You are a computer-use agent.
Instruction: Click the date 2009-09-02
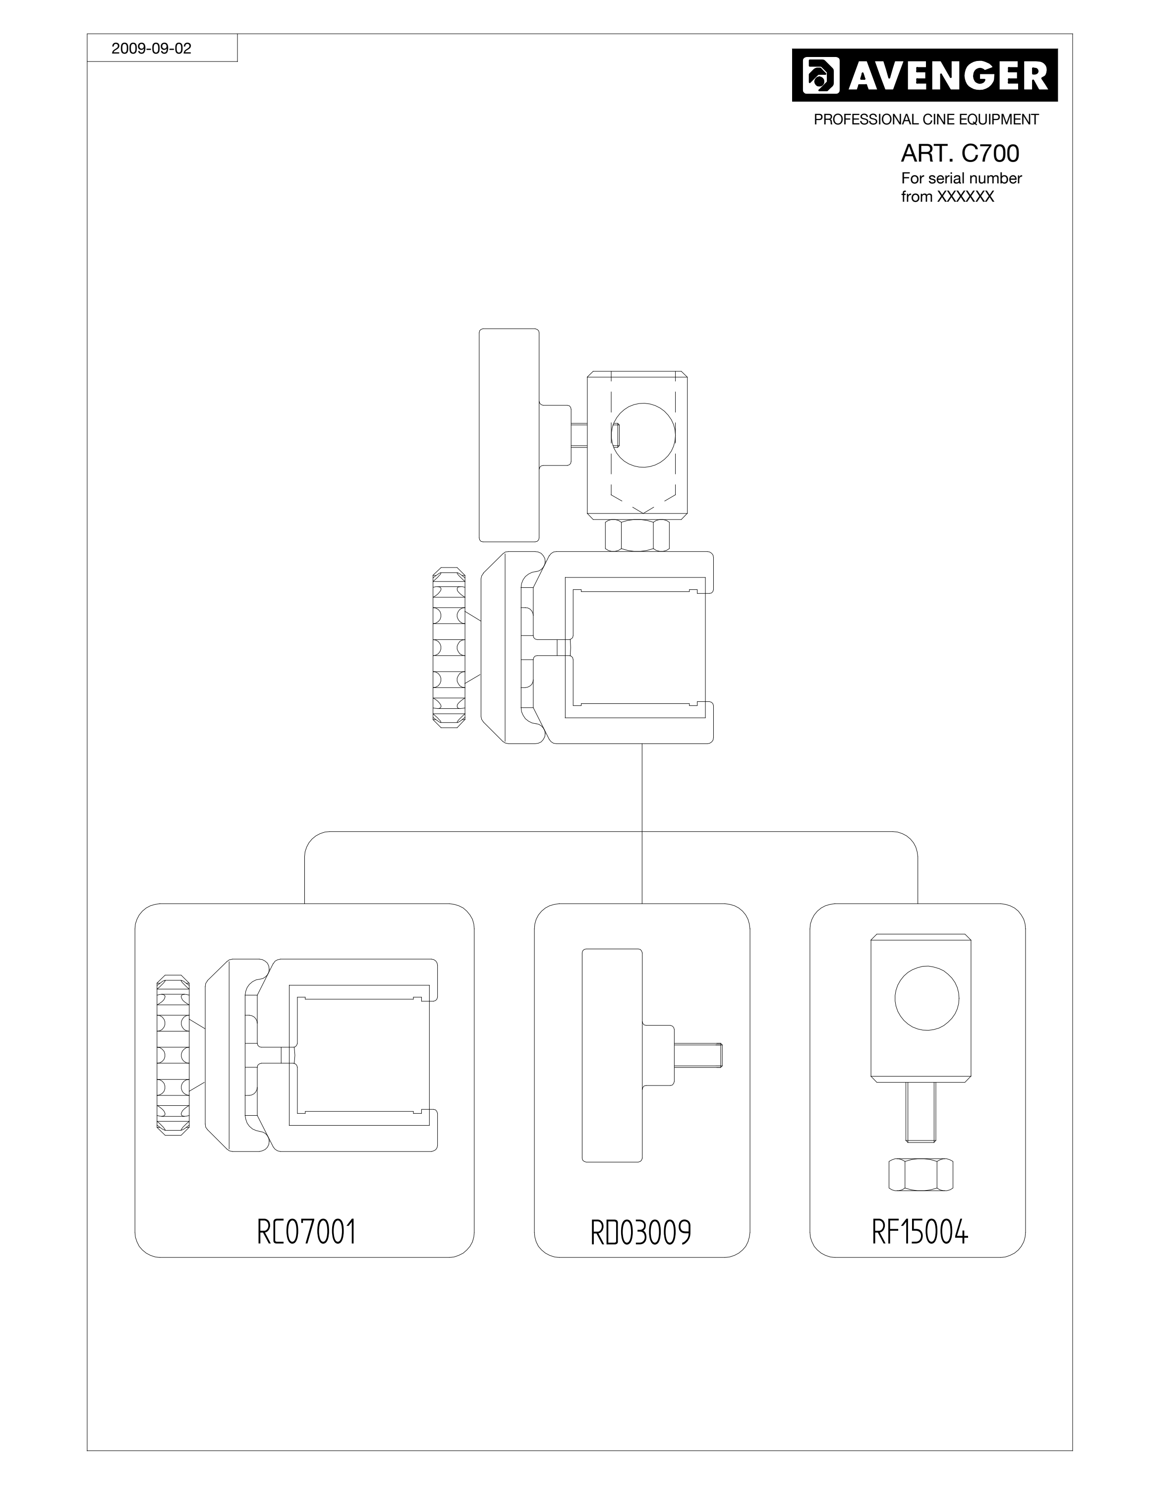pyautogui.click(x=151, y=49)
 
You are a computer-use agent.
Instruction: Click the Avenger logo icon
pyautogui.click(x=821, y=75)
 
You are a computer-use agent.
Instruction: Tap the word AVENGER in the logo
pyautogui.click(x=948, y=75)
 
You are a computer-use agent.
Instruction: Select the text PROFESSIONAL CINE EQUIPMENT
pyautogui.click(x=926, y=119)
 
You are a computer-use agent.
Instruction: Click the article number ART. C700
pyautogui.click(x=960, y=153)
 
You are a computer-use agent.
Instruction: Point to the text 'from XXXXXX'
pyautogui.click(x=948, y=197)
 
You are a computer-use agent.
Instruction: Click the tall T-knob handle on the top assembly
pyautogui.click(x=509, y=435)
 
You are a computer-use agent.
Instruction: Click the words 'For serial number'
pyautogui.click(x=961, y=178)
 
